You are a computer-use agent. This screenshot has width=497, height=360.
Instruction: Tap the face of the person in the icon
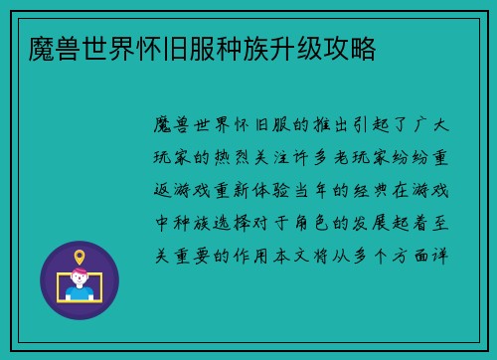tap(80, 278)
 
